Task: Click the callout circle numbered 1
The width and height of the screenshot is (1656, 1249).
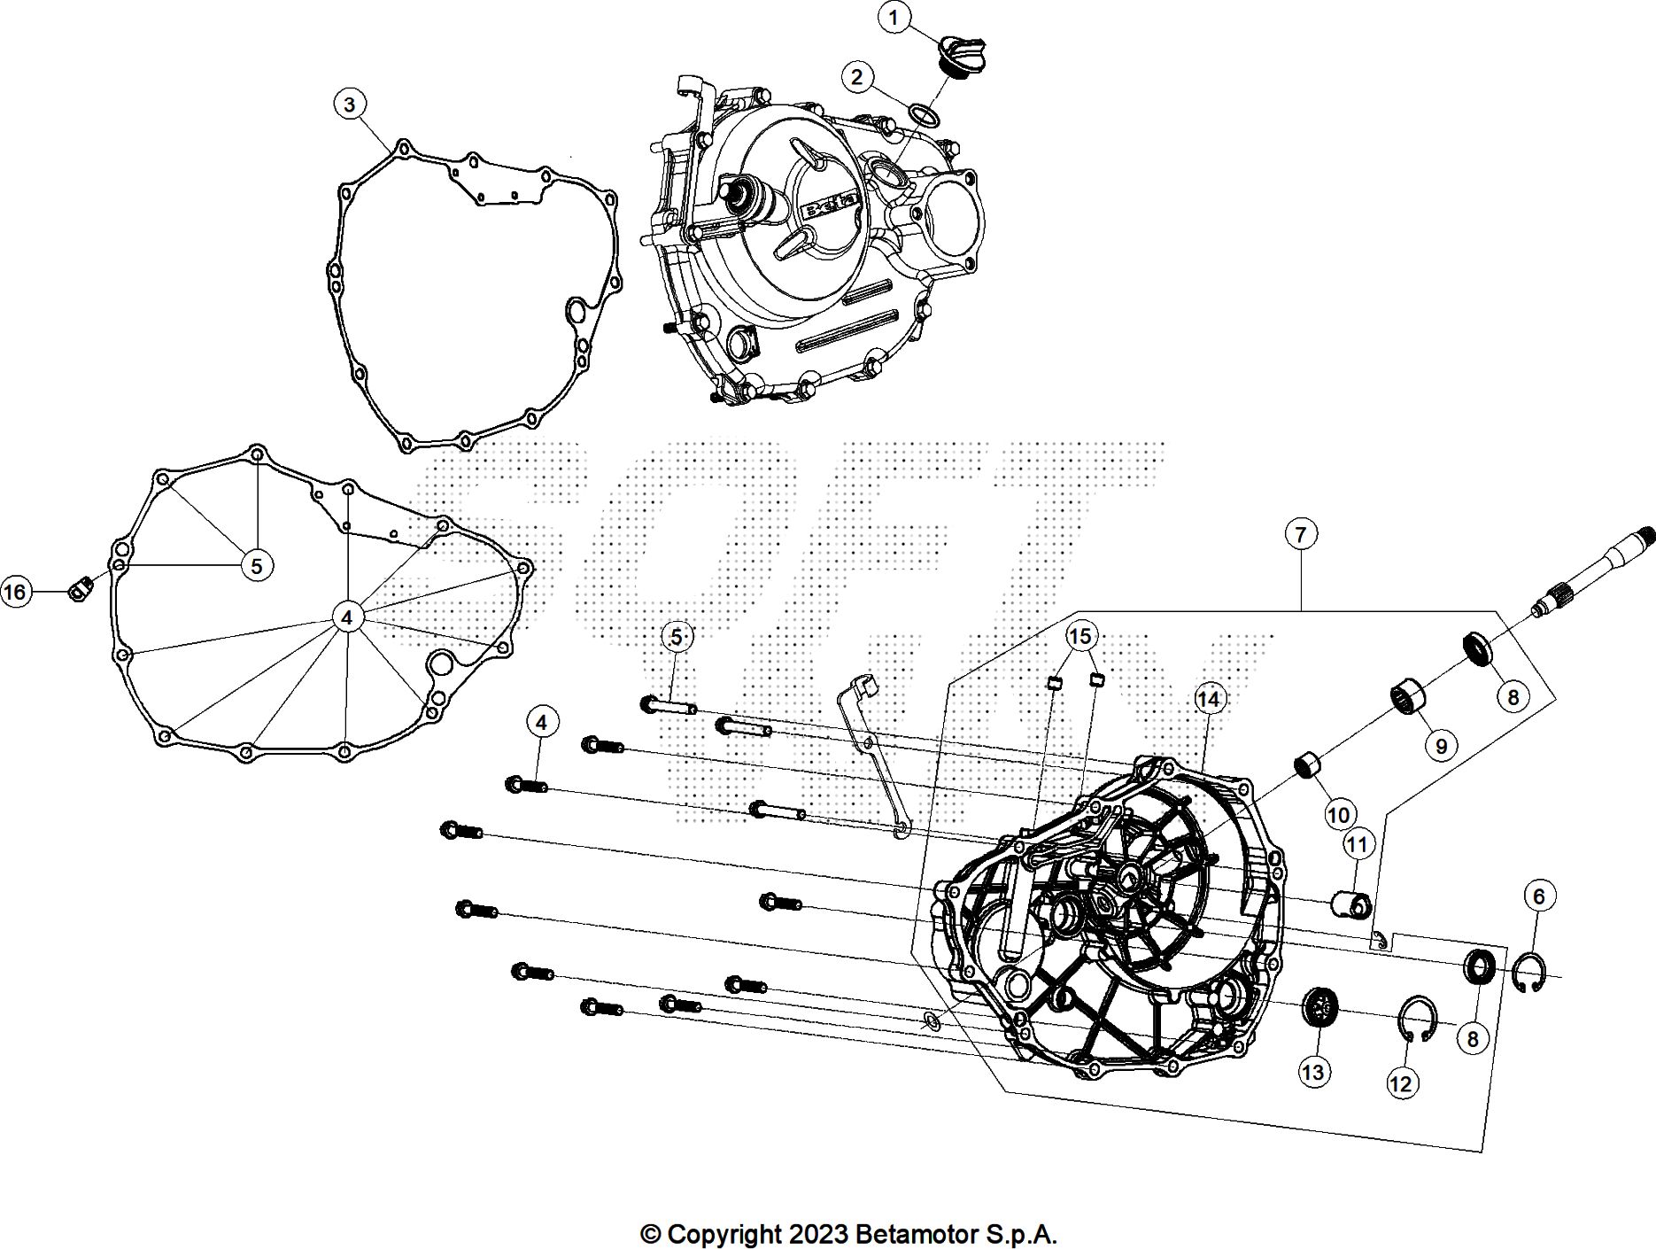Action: [894, 18]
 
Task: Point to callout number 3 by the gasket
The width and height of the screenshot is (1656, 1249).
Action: [350, 105]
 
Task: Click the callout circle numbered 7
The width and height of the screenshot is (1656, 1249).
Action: [1300, 534]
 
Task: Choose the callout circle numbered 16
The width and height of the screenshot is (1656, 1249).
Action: [15, 591]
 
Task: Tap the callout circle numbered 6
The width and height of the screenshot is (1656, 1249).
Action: [1539, 896]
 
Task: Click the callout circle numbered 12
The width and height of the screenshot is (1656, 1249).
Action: [1402, 1083]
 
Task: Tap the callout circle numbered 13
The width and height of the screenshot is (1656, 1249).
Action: [1312, 1072]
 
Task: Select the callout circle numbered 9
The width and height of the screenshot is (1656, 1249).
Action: [1441, 746]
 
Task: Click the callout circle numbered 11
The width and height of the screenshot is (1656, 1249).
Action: [1358, 844]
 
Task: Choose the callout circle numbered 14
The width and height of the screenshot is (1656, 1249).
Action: [1208, 699]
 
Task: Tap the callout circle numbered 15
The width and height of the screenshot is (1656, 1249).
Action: [1080, 635]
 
